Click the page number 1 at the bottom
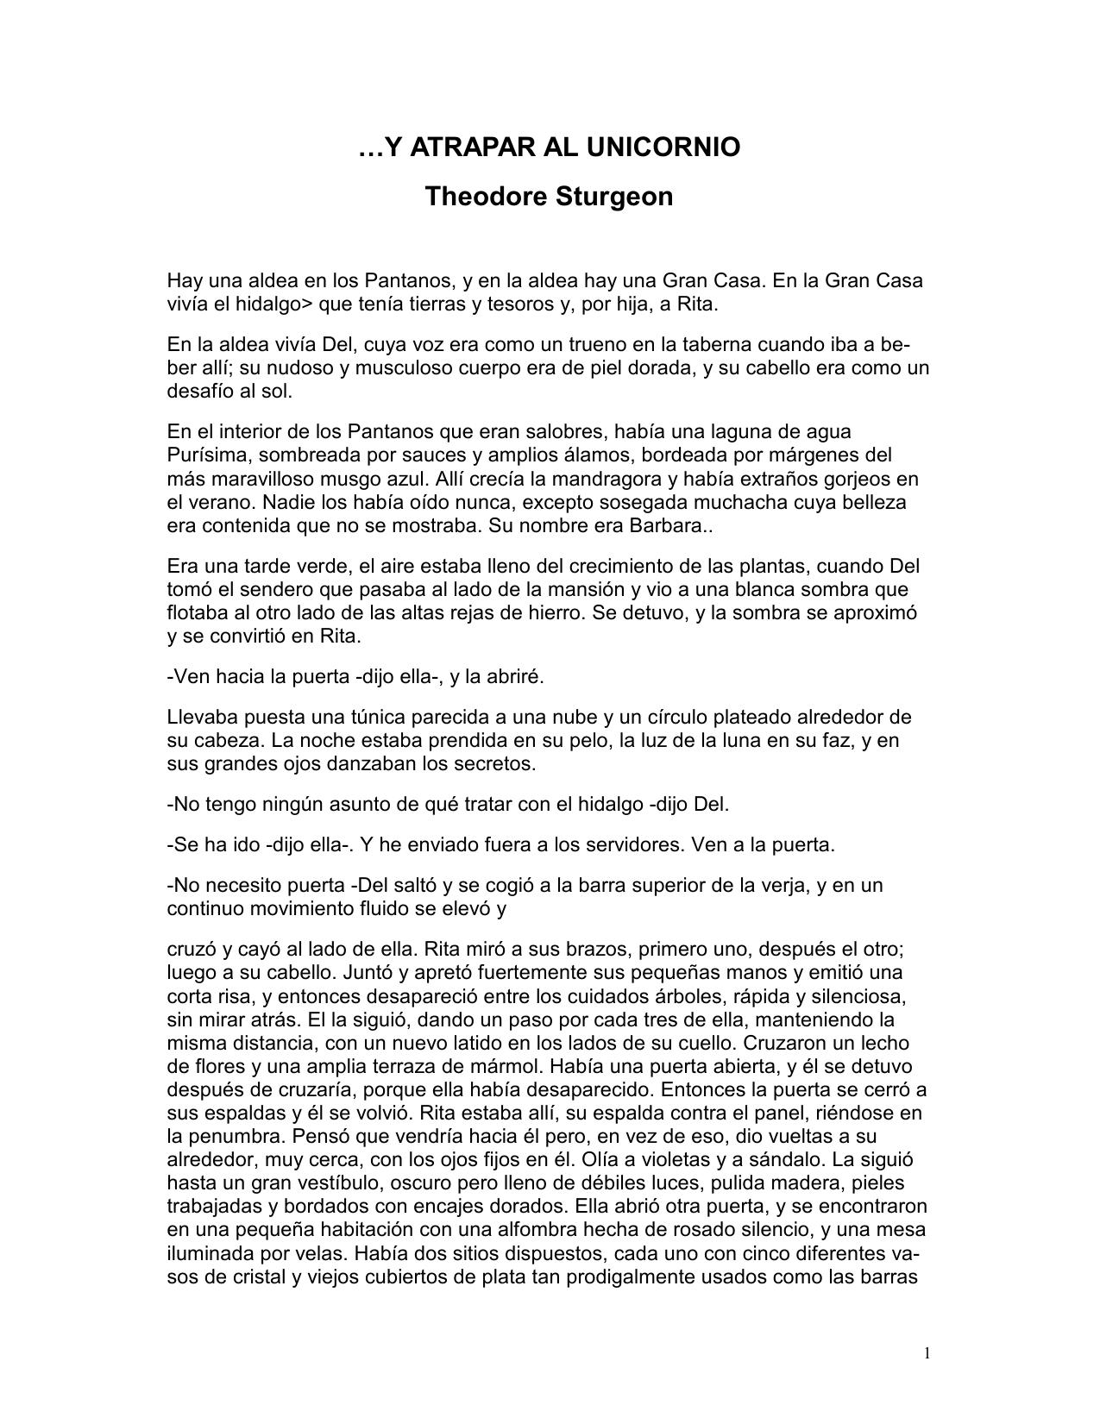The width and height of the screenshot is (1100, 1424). click(927, 1353)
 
